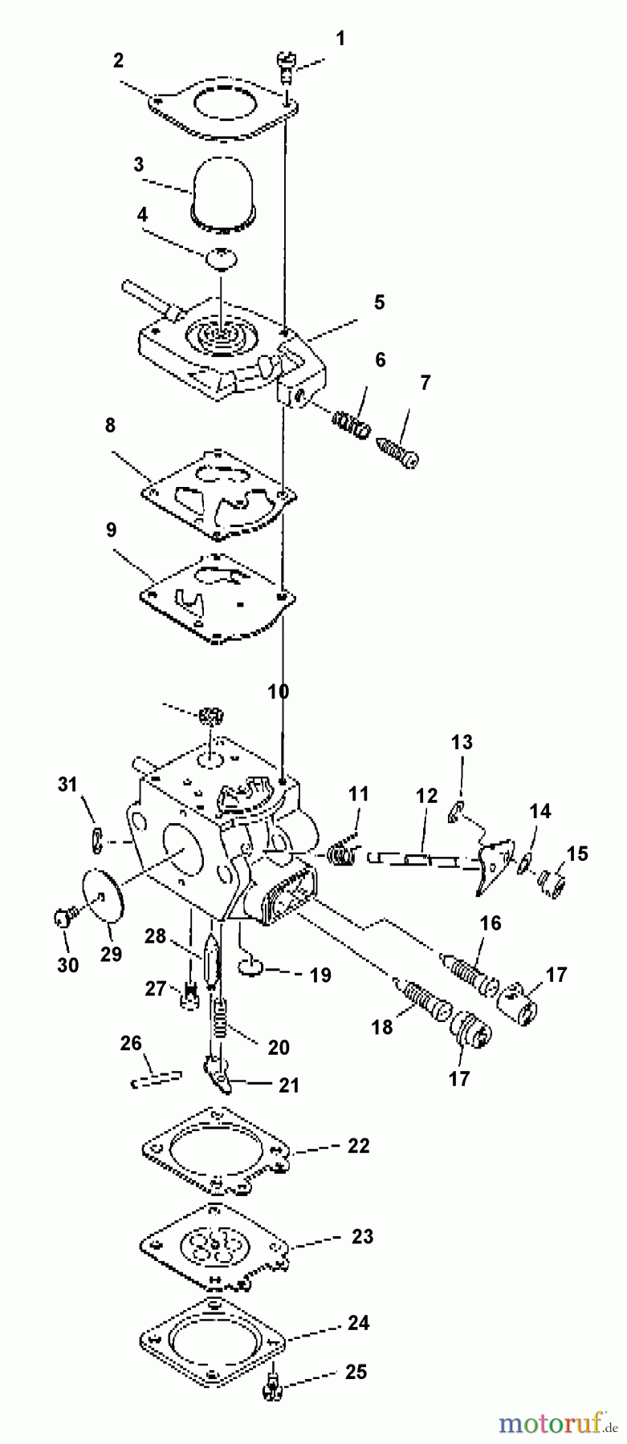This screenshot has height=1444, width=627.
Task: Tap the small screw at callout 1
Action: click(285, 63)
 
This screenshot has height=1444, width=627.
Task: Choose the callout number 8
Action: click(110, 425)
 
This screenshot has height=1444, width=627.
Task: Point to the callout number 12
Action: click(426, 796)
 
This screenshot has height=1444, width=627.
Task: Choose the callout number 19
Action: click(320, 975)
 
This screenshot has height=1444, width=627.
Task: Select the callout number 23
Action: click(362, 1236)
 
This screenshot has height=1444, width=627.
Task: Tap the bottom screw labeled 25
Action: click(270, 1397)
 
